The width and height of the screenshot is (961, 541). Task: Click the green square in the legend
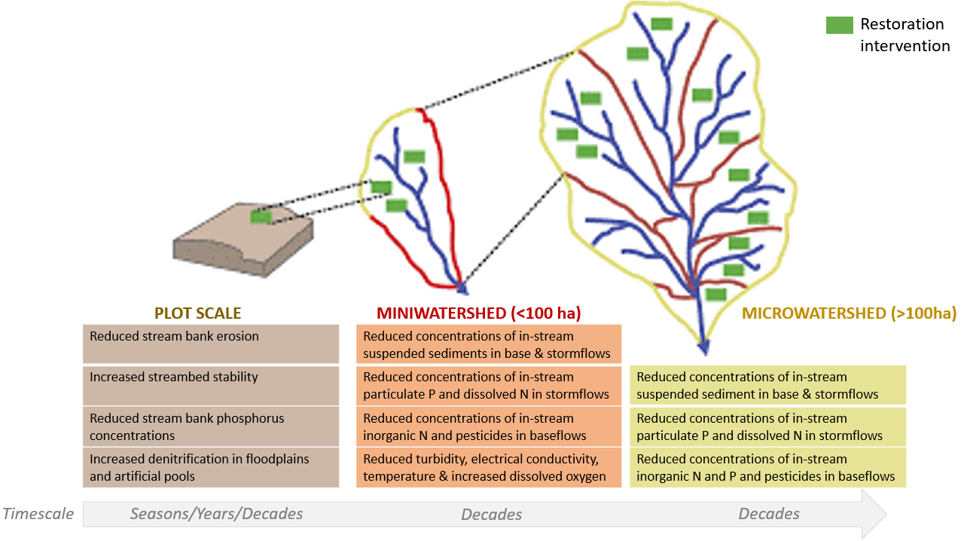coord(839,25)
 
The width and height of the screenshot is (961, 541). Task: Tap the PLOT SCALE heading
coord(197,313)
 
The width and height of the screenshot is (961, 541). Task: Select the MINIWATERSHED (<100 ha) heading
coord(479,313)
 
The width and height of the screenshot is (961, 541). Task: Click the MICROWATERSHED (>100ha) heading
coord(849,313)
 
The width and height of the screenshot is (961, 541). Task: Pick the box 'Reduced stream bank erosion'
coord(210,344)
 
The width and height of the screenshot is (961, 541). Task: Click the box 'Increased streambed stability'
coord(210,384)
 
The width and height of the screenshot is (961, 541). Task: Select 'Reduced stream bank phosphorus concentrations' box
coord(210,426)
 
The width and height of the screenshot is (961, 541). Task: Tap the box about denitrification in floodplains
coord(210,467)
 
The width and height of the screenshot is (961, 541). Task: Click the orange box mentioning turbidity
coord(488,467)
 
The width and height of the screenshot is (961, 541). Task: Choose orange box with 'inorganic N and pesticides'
coord(488,426)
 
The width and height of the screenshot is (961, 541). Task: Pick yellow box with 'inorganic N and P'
coord(767,467)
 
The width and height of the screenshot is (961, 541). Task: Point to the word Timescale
coord(38,514)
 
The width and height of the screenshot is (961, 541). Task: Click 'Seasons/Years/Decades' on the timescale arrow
coord(216,514)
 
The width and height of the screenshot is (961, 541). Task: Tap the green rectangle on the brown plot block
coord(261,217)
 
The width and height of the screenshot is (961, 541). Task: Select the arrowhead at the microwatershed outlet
coord(703,348)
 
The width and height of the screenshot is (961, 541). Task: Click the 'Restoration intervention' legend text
coord(905,35)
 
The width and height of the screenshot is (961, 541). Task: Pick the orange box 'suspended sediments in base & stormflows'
coord(488,344)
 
